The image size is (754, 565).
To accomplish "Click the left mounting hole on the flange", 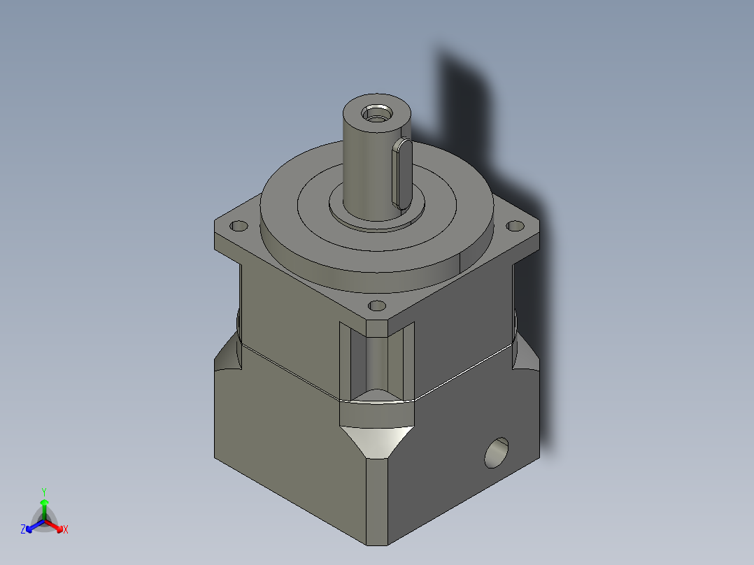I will [x=239, y=227].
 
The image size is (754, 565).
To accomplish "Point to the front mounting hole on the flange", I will [x=376, y=306].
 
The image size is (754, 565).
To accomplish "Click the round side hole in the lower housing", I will [x=497, y=453].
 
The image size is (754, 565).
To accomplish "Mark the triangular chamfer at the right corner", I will [x=526, y=357].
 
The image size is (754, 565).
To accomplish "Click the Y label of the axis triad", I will [x=43, y=492].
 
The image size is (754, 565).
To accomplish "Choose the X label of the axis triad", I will [x=65, y=530].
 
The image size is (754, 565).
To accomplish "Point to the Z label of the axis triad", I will [x=23, y=530].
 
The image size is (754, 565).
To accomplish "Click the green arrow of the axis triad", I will [x=43, y=507].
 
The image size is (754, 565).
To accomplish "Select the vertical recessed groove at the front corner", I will [x=376, y=360].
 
